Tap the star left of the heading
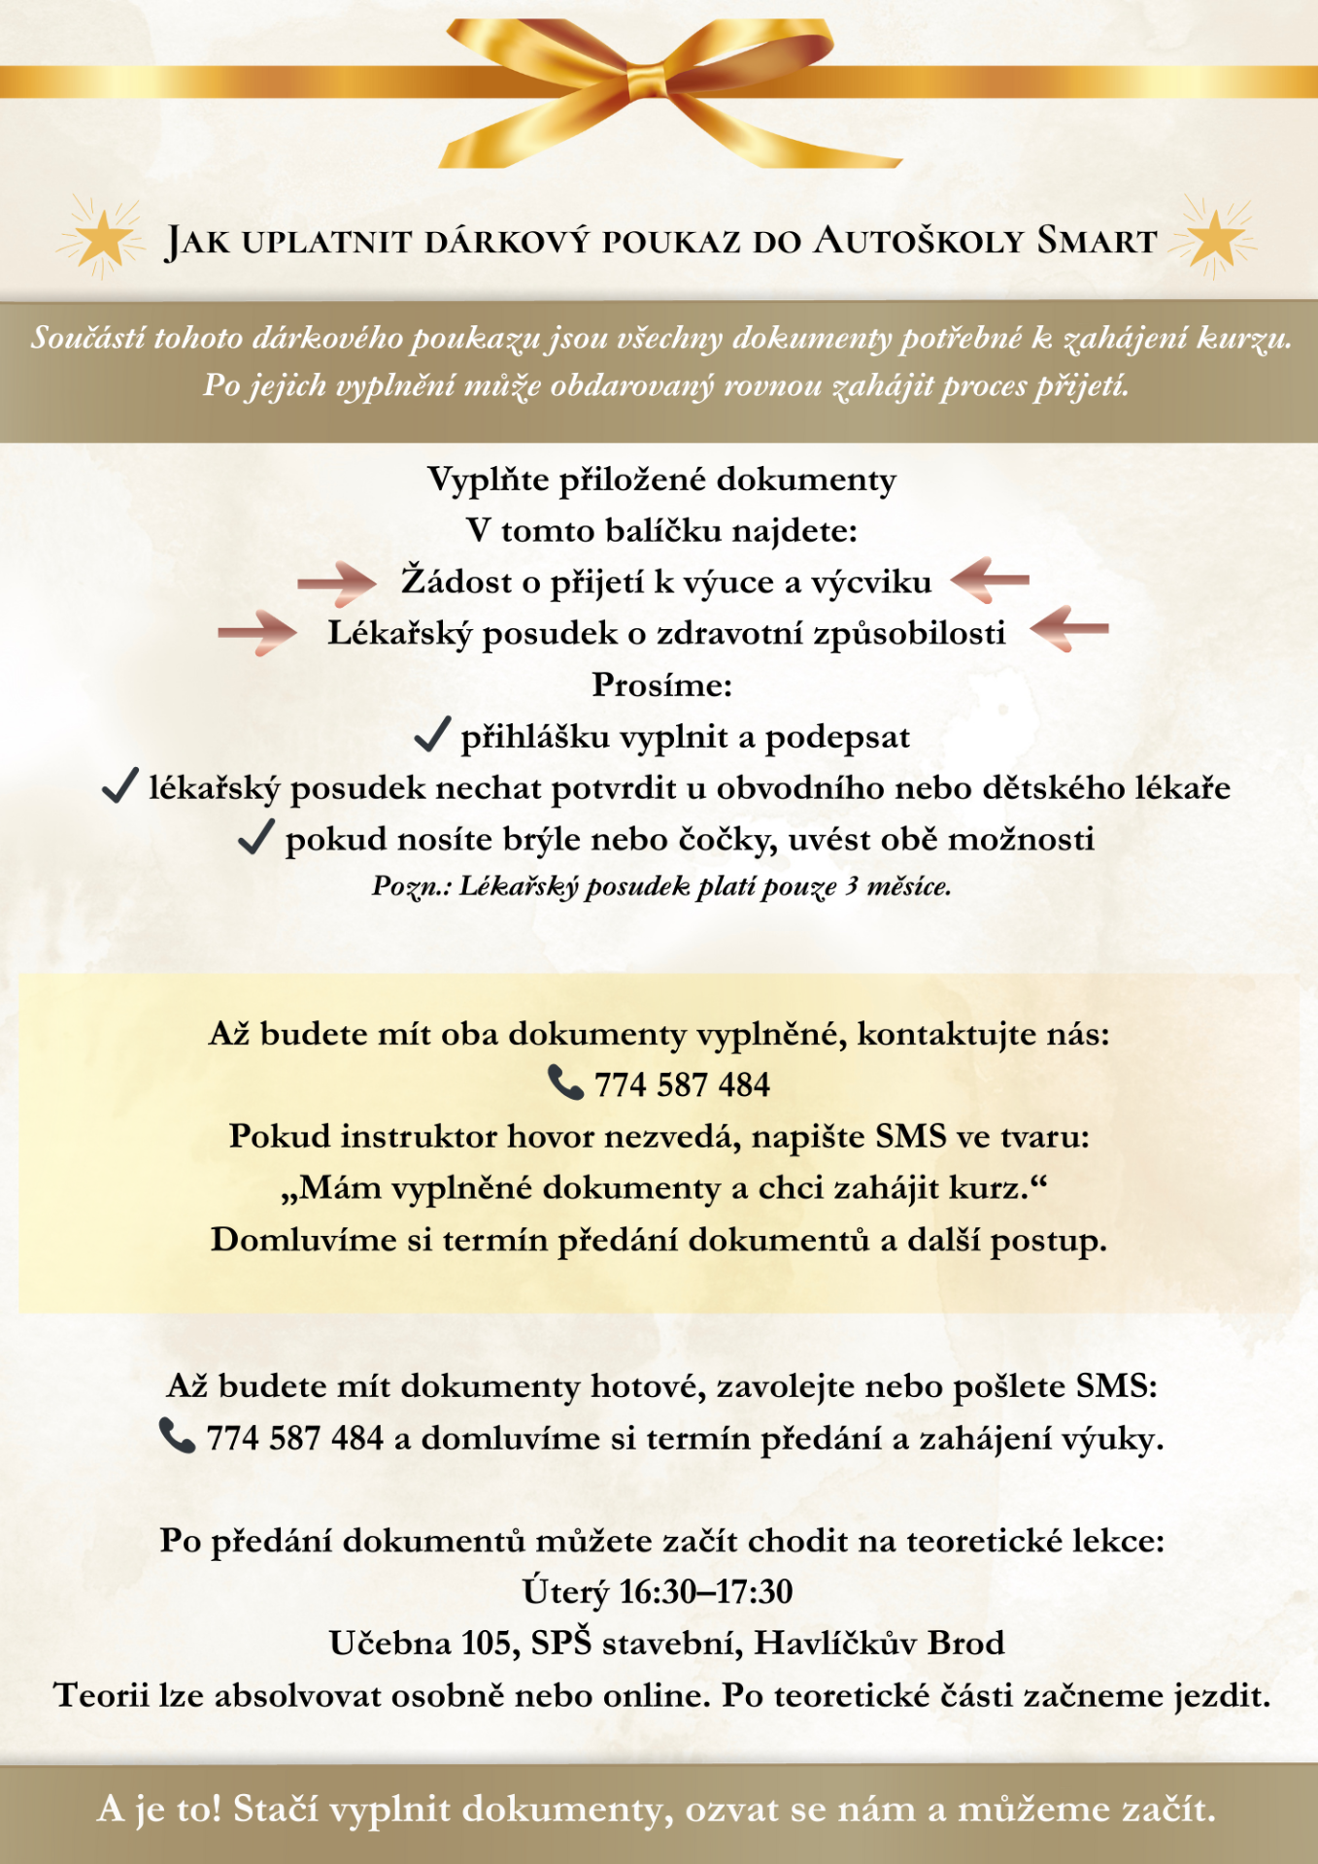coord(102,238)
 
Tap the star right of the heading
coord(1213,238)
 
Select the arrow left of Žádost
coord(336,582)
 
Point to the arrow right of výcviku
coord(990,580)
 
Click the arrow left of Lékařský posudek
coord(256,633)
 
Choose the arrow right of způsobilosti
coord(1069,629)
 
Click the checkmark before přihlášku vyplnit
coord(432,735)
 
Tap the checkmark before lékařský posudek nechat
coord(119,785)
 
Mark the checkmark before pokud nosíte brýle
coord(255,837)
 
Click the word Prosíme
coord(661,685)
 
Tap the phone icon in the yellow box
coord(564,1082)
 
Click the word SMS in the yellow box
coord(910,1136)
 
